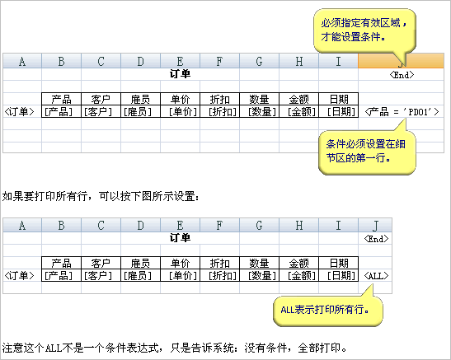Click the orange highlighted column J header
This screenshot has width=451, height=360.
[x=401, y=61]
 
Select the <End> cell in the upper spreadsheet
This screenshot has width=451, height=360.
[x=402, y=75]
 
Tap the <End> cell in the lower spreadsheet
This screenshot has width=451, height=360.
[x=376, y=239]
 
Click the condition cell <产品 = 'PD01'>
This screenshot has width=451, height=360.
[x=402, y=111]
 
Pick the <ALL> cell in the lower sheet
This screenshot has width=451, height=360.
[x=376, y=276]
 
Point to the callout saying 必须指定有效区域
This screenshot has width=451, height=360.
[x=364, y=30]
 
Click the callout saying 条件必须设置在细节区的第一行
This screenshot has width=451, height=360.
[x=367, y=152]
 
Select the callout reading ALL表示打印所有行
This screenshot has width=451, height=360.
[x=328, y=311]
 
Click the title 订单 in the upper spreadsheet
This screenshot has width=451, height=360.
[x=180, y=74]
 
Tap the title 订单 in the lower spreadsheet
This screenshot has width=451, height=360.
[x=180, y=238]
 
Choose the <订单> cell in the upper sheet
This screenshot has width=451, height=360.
[x=19, y=111]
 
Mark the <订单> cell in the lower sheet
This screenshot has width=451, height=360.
[x=19, y=275]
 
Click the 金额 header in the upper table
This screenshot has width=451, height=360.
[x=298, y=99]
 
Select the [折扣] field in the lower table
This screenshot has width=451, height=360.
[x=220, y=275]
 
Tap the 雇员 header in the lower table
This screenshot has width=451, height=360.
[x=140, y=263]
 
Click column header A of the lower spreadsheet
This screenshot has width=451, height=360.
[x=22, y=225]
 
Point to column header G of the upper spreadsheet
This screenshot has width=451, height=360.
[x=259, y=61]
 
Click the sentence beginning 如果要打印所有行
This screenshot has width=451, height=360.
[x=101, y=196]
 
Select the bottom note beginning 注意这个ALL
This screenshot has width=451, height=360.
[x=174, y=348]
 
